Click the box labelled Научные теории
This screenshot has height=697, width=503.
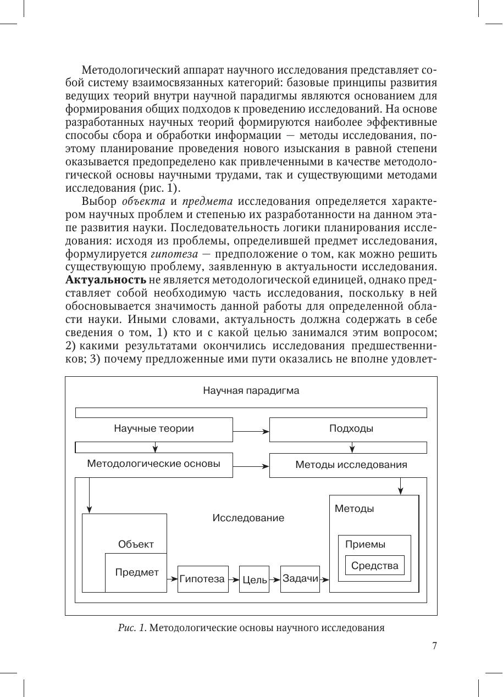tap(154, 429)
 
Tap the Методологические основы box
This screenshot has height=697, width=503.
tap(154, 464)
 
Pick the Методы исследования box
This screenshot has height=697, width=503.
tap(351, 465)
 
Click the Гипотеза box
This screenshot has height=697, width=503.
tap(202, 579)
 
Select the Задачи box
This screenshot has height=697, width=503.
tap(300, 578)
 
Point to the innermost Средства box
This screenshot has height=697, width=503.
tap(374, 566)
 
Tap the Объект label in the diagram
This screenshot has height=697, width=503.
tap(136, 544)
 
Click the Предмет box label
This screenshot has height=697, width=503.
tap(137, 572)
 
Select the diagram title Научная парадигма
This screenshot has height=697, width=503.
tap(251, 391)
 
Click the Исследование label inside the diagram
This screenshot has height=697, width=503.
tap(248, 518)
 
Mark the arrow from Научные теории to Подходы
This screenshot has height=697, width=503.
tap(251, 430)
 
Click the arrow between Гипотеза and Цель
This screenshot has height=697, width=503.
tap(234, 579)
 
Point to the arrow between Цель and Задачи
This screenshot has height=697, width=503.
tap(274, 579)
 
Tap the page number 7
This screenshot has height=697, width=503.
tap(434, 646)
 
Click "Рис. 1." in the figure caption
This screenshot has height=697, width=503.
tap(131, 628)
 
